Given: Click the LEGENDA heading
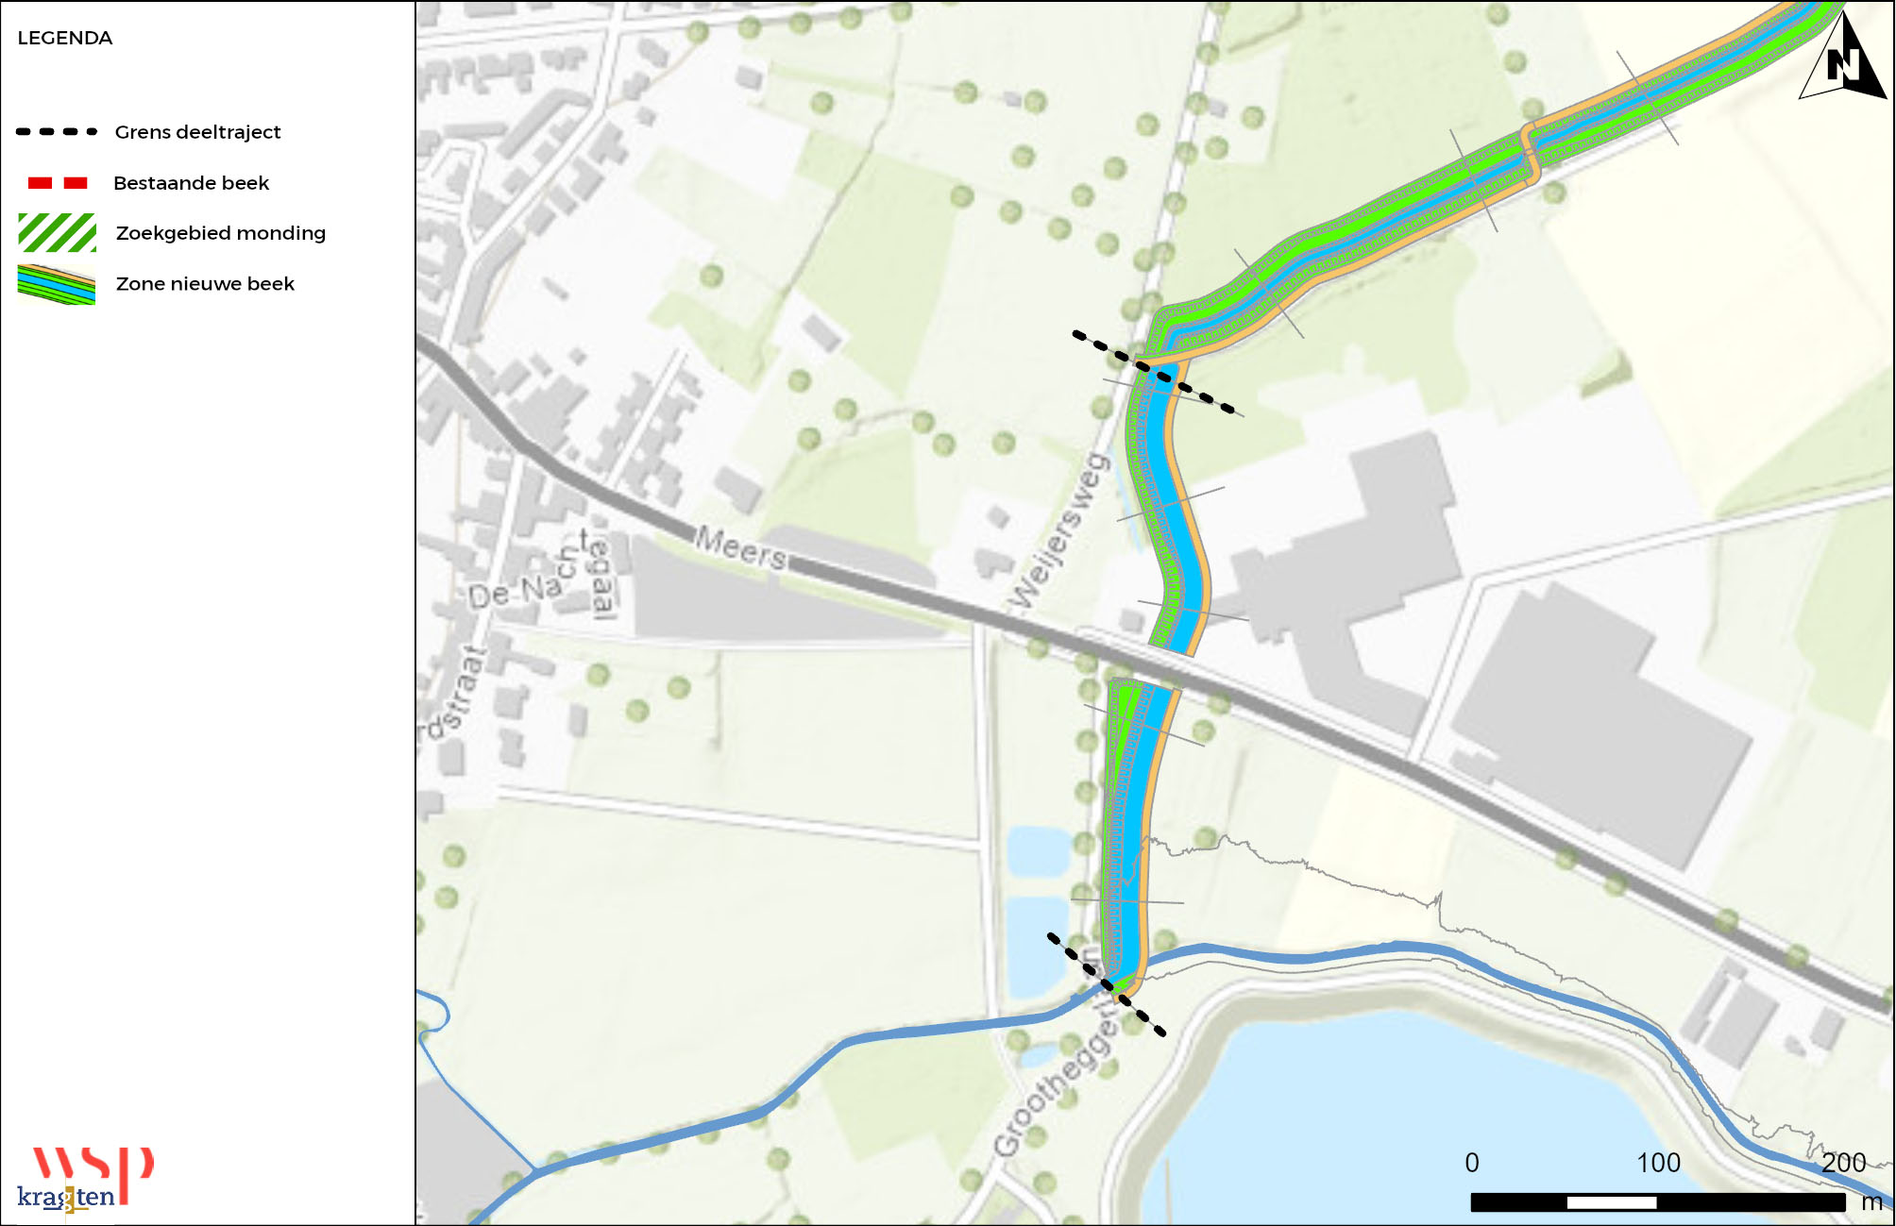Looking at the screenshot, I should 65,39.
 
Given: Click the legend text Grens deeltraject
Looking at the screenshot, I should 197,132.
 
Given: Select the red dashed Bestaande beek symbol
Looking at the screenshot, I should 58,183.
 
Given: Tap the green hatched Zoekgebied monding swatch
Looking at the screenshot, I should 58,233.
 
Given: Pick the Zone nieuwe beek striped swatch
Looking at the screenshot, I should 57,284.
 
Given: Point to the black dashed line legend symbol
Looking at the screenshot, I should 57,132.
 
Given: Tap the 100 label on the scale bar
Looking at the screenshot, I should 1658,1163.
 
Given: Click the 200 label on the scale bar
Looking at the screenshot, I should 1843,1163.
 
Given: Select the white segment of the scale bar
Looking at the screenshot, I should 1612,1202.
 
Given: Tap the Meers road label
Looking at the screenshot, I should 741,547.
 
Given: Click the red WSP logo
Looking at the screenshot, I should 93,1165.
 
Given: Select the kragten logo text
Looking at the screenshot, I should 66,1198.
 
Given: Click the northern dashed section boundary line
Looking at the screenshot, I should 1158,374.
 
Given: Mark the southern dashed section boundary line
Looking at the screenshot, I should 1106,984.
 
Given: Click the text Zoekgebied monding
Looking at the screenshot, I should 220,233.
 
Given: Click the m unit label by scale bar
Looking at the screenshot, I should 1871,1202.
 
